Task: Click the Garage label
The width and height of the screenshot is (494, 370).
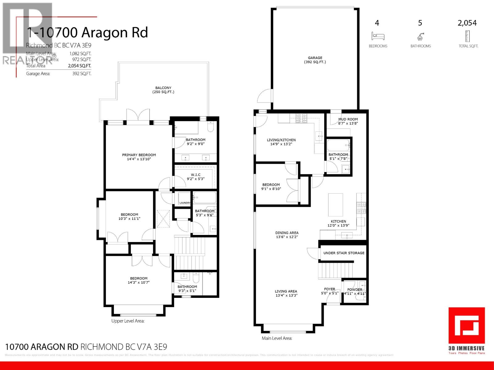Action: tap(315, 58)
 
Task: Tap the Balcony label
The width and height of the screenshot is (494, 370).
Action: tap(163, 88)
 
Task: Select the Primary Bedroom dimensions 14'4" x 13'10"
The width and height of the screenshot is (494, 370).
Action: tap(139, 159)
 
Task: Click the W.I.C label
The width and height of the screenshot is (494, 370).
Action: tap(195, 175)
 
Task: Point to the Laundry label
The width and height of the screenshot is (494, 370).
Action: tap(185, 203)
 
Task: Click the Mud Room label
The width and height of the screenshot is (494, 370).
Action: tap(348, 119)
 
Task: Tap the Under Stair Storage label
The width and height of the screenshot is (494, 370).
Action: tap(344, 253)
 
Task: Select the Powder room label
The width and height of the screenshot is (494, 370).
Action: tap(354, 290)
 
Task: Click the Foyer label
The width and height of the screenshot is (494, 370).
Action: tap(330, 289)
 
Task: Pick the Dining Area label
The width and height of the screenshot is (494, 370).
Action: tap(287, 233)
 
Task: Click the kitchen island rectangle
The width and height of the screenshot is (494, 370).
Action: tap(335, 205)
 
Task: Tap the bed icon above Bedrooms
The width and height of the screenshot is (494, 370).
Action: tap(378, 36)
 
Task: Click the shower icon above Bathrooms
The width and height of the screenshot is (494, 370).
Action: tap(420, 37)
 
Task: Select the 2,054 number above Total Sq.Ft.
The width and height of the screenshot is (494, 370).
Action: tap(467, 23)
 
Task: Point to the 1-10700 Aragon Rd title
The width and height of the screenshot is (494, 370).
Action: tap(87, 33)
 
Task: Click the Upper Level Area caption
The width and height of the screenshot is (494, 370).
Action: tap(128, 321)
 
